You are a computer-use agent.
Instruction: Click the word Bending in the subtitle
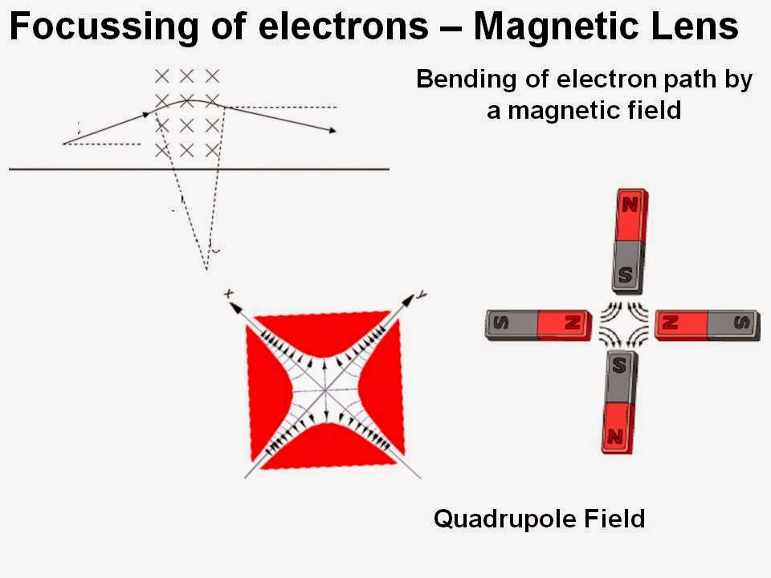(466, 80)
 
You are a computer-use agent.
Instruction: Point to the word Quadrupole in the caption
(504, 520)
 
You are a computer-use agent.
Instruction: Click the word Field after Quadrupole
(614, 519)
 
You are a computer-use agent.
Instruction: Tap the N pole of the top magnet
(631, 215)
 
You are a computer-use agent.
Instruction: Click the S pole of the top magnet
(627, 267)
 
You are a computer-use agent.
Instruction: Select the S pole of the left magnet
(512, 324)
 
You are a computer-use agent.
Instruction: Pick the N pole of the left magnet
(565, 324)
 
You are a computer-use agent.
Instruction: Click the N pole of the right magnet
(682, 324)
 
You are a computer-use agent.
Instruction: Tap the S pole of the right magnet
(734, 324)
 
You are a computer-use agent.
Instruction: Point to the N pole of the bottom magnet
(617, 429)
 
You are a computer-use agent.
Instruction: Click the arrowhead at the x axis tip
(235, 307)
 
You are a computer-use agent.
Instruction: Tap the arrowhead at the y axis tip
(409, 299)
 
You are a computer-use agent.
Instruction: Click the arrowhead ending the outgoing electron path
(333, 131)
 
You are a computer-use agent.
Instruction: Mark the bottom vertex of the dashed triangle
(206, 270)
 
